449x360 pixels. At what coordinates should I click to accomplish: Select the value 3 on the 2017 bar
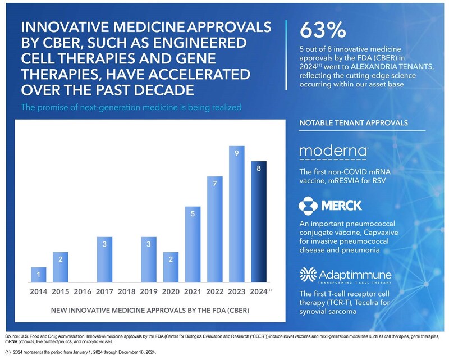[x=105, y=245]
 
